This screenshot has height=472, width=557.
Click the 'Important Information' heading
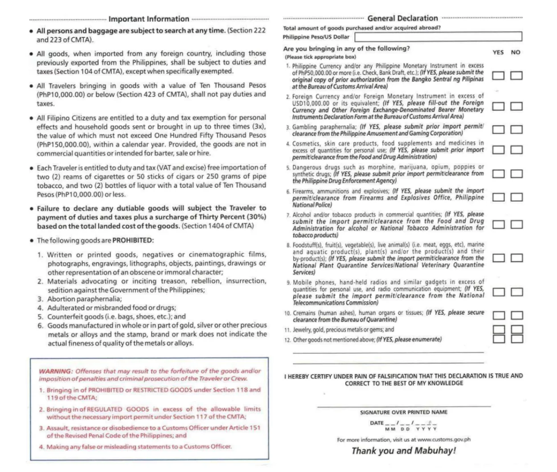click(149, 19)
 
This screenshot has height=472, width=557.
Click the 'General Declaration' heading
click(402, 18)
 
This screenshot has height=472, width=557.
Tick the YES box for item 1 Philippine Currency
click(498, 76)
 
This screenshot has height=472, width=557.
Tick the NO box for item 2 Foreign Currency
click(516, 106)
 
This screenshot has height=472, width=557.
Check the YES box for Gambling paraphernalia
click(498, 129)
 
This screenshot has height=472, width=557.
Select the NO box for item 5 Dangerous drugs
click(516, 173)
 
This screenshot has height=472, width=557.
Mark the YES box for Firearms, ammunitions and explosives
click(498, 197)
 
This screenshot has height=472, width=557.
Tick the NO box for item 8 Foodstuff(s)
click(516, 258)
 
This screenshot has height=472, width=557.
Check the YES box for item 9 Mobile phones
click(498, 292)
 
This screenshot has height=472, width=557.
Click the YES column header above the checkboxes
click(498, 52)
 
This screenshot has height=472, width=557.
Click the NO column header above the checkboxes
click(516, 52)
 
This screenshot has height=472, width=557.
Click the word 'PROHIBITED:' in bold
click(133, 241)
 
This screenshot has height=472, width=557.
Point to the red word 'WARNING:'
click(55, 371)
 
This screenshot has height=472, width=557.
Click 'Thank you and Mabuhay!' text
click(404, 451)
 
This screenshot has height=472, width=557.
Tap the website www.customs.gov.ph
click(444, 440)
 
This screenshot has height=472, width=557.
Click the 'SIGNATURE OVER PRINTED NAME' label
click(404, 412)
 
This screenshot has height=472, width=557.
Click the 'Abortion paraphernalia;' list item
click(84, 299)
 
